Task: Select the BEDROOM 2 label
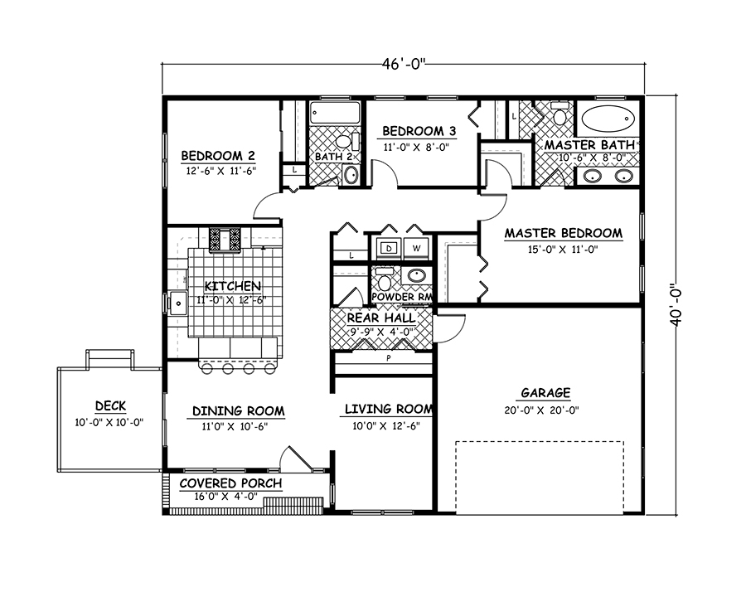pyautogui.click(x=217, y=155)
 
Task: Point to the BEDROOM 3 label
pyautogui.click(x=419, y=131)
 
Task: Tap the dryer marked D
pyautogui.click(x=387, y=248)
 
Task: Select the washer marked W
pyautogui.click(x=416, y=248)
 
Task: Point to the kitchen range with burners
pyautogui.click(x=225, y=240)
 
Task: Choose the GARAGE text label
pyautogui.click(x=545, y=393)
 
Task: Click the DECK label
pyautogui.click(x=110, y=405)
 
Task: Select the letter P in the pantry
pyautogui.click(x=387, y=359)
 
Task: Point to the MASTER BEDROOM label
pyautogui.click(x=563, y=233)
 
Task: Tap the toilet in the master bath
pyautogui.click(x=559, y=117)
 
